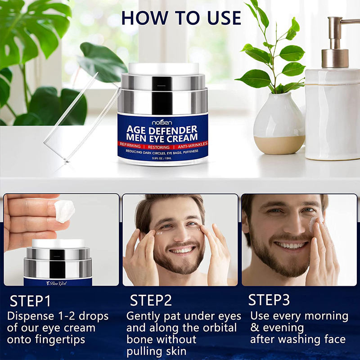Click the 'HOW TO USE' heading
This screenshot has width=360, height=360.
(x=181, y=18)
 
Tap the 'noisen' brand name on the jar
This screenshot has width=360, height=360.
(x=162, y=122)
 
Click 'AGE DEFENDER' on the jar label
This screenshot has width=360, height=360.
(x=162, y=130)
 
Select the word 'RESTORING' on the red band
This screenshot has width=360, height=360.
(x=159, y=147)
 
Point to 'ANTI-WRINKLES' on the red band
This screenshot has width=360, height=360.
(x=193, y=144)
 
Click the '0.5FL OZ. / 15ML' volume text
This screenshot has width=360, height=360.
(x=162, y=158)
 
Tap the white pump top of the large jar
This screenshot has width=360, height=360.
(x=163, y=68)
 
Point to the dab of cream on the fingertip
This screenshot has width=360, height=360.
(x=64, y=211)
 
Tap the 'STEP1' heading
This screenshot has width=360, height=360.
(x=30, y=301)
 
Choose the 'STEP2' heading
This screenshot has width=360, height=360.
(x=151, y=300)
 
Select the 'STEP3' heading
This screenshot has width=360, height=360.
(x=269, y=300)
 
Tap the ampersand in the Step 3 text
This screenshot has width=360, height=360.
(x=255, y=328)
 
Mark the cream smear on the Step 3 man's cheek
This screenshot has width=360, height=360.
(x=314, y=222)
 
